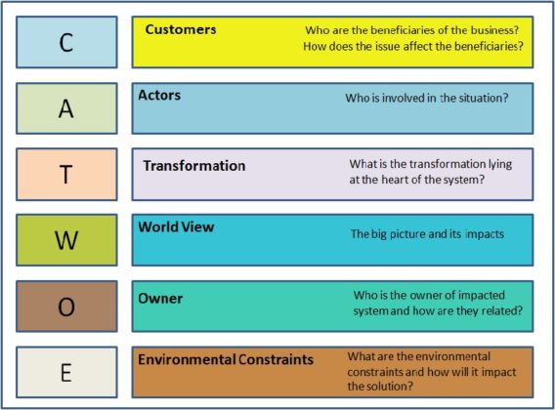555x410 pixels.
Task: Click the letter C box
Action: [66, 42]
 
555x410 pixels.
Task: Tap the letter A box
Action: [66, 107]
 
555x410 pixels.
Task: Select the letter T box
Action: [66, 174]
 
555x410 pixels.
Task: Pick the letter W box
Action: [66, 240]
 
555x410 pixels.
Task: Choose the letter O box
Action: [66, 307]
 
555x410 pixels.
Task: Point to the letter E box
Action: [66, 372]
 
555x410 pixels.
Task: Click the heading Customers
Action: [181, 29]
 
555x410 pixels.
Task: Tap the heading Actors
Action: [159, 96]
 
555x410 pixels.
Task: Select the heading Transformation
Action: [194, 165]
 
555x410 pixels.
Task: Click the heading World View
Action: [176, 227]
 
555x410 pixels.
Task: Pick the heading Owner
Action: [160, 297]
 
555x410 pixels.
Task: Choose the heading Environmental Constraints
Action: [226, 359]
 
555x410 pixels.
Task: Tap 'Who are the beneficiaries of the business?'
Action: [411, 28]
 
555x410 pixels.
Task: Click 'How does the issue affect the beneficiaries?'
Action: [411, 46]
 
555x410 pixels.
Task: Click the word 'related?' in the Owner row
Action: [499, 310]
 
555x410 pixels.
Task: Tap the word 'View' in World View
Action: [197, 227]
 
